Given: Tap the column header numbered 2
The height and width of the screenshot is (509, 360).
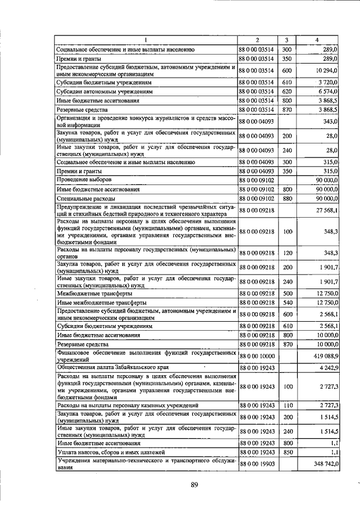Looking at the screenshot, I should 257,40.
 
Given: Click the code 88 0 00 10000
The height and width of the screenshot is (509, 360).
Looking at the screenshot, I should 257,356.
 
